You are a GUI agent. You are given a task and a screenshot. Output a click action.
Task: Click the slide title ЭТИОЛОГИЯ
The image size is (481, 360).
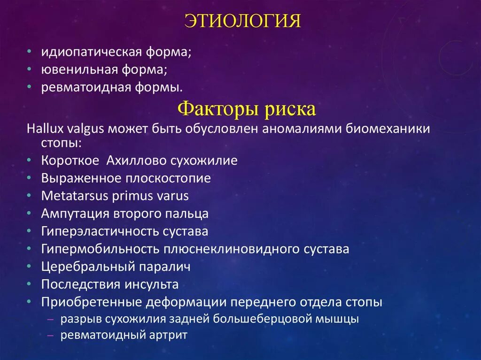(242, 21)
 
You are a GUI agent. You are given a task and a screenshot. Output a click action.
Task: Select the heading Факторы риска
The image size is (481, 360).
(247, 109)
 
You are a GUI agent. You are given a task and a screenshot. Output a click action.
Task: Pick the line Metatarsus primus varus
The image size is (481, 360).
(115, 196)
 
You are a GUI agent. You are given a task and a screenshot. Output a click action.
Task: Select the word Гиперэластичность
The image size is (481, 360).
(101, 231)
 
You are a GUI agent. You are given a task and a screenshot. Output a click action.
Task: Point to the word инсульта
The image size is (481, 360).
(151, 284)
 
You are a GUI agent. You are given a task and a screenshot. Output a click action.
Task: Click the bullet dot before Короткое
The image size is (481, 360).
(30, 161)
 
